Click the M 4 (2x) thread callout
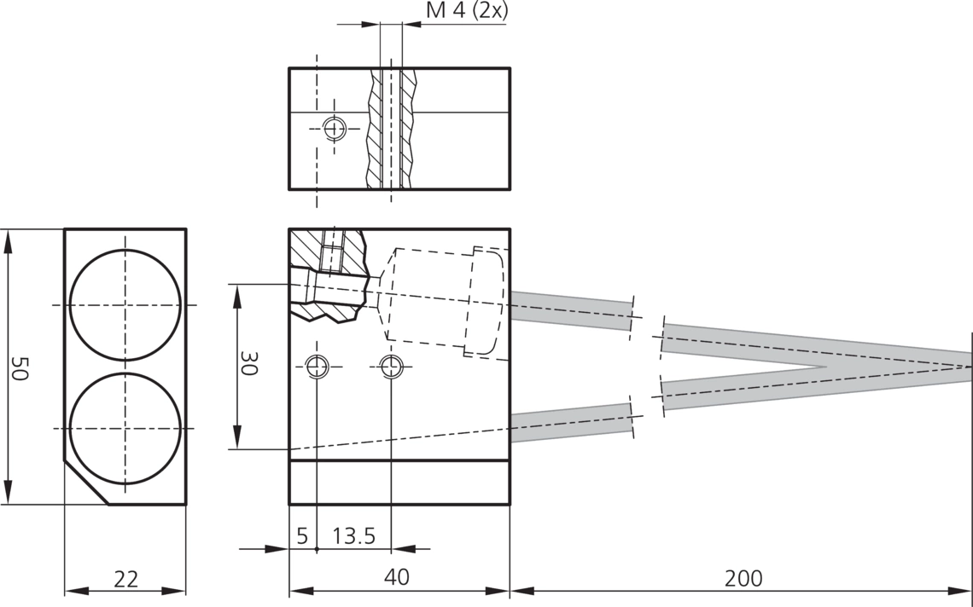point(467,11)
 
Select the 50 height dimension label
point(20,368)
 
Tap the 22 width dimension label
point(126,579)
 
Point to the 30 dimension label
point(249,363)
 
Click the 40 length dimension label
point(397,576)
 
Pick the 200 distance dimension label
point(743,578)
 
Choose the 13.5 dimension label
point(353,535)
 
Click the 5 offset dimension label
point(302,535)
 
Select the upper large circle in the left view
point(125,250)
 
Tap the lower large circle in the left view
point(125,373)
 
